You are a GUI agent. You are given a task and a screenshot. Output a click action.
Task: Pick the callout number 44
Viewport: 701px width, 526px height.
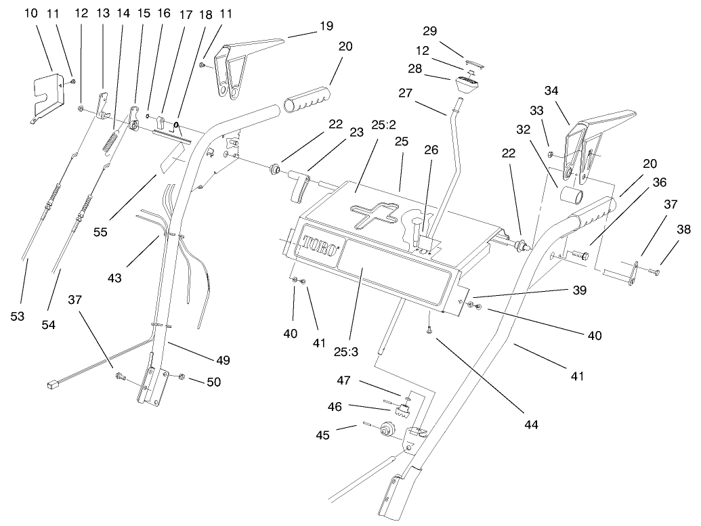(530, 424)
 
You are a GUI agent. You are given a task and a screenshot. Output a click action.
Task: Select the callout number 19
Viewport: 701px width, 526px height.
(326, 26)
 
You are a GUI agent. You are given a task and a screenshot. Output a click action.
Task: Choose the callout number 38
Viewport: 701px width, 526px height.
(683, 229)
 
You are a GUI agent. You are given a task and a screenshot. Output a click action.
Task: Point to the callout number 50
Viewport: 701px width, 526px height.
(213, 382)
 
